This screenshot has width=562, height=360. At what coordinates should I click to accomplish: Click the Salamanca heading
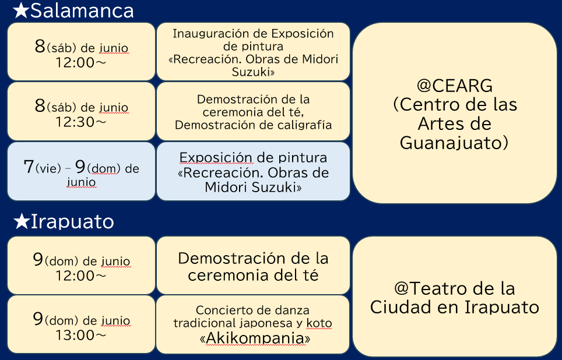tap(82, 10)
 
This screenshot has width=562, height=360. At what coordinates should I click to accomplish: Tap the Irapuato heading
tap(72, 221)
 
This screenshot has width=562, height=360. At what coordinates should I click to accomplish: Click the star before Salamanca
tap(21, 10)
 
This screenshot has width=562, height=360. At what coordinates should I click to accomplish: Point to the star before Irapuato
tap(22, 221)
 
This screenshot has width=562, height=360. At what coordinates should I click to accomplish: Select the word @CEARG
tap(455, 86)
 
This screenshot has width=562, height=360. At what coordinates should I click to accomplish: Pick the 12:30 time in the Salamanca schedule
tap(75, 122)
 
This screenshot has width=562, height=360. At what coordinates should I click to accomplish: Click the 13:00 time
tap(75, 335)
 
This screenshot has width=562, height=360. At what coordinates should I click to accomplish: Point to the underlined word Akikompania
tap(255, 338)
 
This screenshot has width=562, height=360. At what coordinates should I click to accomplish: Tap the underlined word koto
tap(319, 323)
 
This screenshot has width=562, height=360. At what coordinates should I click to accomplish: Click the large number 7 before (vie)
tap(29, 167)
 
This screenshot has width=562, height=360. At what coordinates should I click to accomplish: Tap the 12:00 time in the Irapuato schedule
tap(75, 276)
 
